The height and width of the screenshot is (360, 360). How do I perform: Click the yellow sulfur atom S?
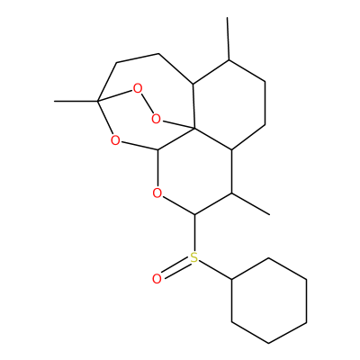coord(194,257)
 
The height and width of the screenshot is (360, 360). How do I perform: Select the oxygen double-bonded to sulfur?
coord(157,279)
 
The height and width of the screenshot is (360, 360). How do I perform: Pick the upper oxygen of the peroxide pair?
coord(138,89)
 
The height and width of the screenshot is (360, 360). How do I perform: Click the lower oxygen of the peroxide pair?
coord(156,119)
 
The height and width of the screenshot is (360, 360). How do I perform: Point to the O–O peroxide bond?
coord(147,104)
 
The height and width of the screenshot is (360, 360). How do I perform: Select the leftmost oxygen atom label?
coord(115,140)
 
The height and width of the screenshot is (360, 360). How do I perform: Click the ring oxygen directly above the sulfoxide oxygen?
coord(157,193)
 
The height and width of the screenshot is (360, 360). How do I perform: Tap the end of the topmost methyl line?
coord(227,17)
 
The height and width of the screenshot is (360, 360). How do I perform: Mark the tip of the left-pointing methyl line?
coord(54,101)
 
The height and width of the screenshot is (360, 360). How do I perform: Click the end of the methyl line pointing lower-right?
coord(269,214)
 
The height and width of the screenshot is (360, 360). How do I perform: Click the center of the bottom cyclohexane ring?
coord(269,301)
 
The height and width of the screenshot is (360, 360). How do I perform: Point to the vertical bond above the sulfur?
coord(194,233)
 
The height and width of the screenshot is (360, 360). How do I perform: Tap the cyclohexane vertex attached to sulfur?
coord(232,280)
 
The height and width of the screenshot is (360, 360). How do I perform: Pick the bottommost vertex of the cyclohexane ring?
coord(269,343)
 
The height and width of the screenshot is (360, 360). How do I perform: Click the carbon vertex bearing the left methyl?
coord(97,101)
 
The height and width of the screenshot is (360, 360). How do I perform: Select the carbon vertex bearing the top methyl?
coord(229,60)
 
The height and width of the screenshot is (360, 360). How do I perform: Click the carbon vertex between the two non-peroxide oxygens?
coord(157,149)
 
